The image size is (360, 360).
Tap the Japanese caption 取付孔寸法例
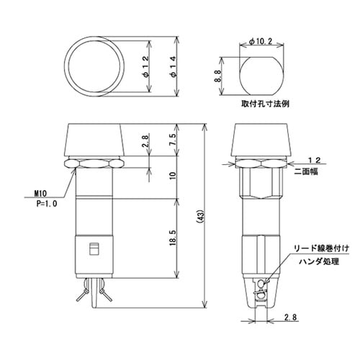pos(264,104)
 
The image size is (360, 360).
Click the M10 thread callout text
pos(42,193)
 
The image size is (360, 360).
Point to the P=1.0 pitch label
pos(45,204)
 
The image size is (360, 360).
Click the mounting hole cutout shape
pos(256,76)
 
